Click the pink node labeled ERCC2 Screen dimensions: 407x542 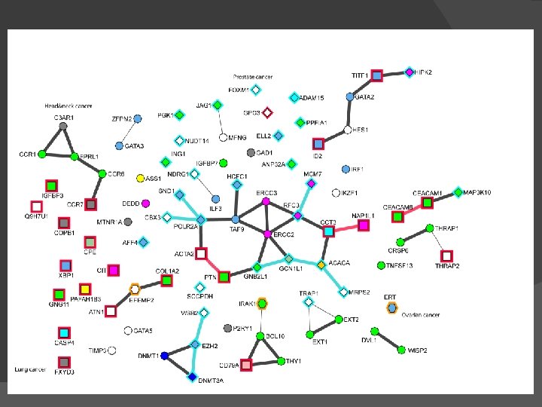tap(267, 234)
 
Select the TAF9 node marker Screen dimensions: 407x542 tap(236, 219)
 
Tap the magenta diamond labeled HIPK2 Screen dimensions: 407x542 tap(410, 72)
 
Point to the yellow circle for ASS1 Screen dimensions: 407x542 tap(140, 179)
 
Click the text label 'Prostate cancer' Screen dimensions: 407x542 tap(253, 77)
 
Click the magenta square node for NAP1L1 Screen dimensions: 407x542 tap(364, 225)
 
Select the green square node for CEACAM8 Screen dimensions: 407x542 tap(397, 216)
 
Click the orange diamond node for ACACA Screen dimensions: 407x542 tap(321, 265)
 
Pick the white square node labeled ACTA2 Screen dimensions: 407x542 tap(202, 253)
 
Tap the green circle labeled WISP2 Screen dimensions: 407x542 tap(401, 350)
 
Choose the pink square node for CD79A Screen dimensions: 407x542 tap(246, 365)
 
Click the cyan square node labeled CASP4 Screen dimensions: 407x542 tap(64, 332)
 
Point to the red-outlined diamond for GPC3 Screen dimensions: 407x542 tap(267, 112)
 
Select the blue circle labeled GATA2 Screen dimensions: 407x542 tap(350, 96)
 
